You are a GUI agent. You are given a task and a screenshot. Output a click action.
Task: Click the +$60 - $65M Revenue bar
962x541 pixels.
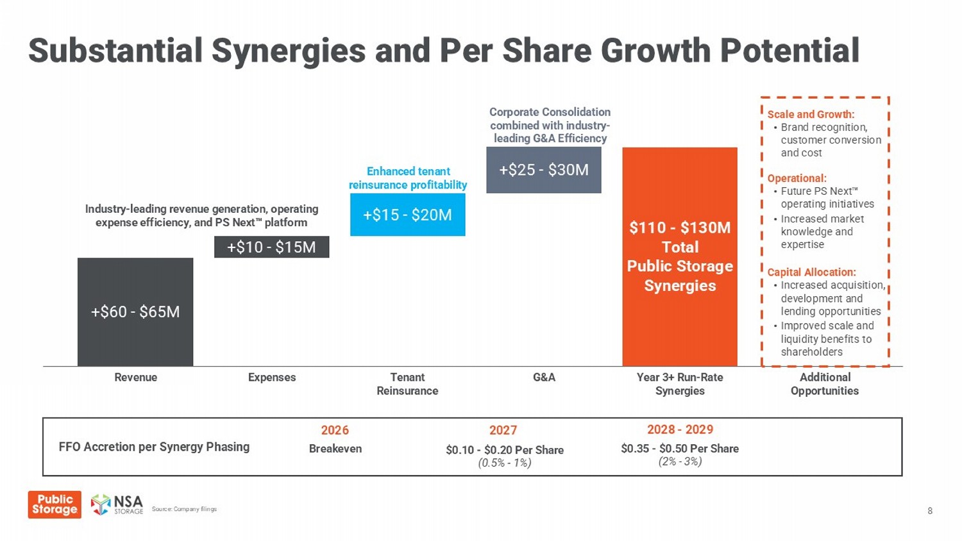coord(135,312)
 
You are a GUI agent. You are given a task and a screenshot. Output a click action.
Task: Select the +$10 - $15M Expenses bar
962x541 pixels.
coord(271,247)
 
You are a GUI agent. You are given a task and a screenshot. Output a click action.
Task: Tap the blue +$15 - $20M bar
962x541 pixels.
coord(407,215)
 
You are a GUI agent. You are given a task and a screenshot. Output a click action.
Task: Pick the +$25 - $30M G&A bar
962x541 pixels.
coord(543,170)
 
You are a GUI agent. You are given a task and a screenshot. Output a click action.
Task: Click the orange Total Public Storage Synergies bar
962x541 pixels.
coord(680,256)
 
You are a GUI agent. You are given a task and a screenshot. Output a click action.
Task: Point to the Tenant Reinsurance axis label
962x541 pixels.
coord(407,384)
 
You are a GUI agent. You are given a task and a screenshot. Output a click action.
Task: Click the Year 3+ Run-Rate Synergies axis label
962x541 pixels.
coord(680,384)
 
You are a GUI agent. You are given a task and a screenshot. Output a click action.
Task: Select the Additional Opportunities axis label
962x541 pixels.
coord(825,384)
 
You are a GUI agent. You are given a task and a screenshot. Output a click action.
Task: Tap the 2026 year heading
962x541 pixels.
coord(335,430)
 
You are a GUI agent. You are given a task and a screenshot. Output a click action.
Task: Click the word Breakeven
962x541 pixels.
coord(335,449)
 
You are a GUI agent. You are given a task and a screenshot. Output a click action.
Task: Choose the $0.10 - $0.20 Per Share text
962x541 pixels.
coord(505,450)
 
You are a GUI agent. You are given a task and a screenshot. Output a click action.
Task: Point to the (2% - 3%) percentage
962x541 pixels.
coord(680,462)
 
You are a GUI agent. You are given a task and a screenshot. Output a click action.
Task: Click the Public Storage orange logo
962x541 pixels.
coord(55,504)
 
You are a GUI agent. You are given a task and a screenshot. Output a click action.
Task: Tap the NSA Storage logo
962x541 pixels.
coord(117,504)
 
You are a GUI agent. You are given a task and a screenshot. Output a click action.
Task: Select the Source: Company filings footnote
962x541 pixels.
coord(184,509)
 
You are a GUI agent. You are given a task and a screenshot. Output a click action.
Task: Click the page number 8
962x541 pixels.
coord(930,511)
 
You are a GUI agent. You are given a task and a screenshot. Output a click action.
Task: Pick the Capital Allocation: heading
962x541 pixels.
coord(811,272)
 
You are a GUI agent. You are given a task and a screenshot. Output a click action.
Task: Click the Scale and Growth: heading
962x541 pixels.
coord(811,114)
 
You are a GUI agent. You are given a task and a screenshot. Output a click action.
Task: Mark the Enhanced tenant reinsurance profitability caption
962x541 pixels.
coord(408,178)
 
